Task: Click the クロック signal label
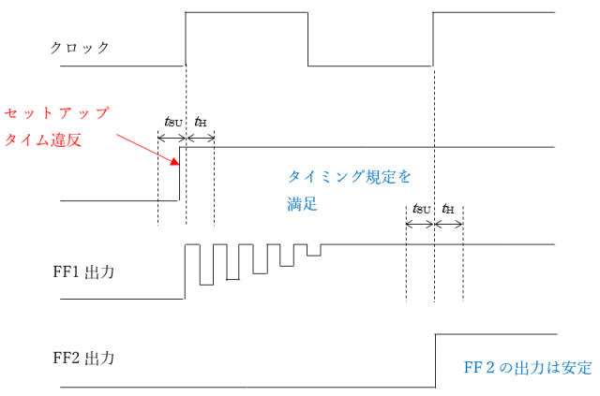click(79, 47)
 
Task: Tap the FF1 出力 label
click(84, 275)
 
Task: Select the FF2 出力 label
click(84, 358)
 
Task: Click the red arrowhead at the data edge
click(173, 163)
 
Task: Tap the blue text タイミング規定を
click(349, 176)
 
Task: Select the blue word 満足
click(303, 202)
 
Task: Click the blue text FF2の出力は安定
click(528, 367)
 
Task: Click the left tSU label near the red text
click(173, 123)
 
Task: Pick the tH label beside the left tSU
click(201, 123)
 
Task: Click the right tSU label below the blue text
click(422, 210)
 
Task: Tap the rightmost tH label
click(448, 210)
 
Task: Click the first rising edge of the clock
click(186, 37)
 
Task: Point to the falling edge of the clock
click(308, 37)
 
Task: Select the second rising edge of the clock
click(433, 37)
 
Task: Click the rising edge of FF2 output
click(436, 359)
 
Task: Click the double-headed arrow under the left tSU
click(172, 139)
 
